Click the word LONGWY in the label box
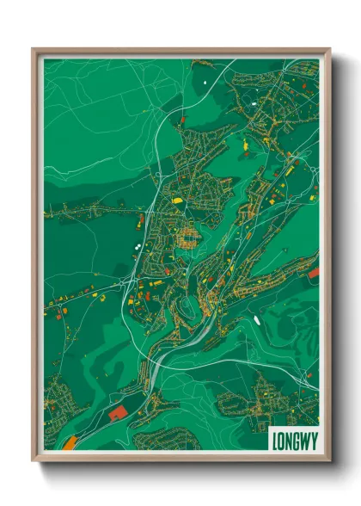click(292, 439)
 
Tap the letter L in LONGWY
click(276, 439)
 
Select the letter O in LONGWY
click(282, 439)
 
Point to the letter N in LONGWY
click(289, 439)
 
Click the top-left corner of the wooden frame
click(34, 50)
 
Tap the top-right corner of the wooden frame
click(329, 50)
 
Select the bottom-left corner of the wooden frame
click(34, 460)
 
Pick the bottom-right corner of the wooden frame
click(329, 460)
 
